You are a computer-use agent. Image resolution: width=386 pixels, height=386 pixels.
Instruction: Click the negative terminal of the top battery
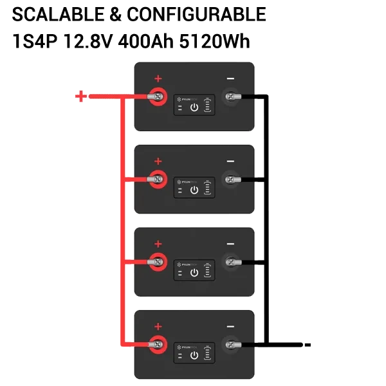(230, 97)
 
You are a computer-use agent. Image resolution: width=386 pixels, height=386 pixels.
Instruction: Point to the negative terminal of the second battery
(230, 178)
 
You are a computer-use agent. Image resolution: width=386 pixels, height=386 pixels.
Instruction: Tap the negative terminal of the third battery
(230, 261)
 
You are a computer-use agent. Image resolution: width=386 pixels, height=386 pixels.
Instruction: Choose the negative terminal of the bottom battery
(230, 344)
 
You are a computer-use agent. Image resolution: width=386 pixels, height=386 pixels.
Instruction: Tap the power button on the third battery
(194, 271)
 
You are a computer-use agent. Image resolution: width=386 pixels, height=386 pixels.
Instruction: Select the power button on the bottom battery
(194, 354)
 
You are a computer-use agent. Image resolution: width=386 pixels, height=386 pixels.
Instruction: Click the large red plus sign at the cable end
(80, 96)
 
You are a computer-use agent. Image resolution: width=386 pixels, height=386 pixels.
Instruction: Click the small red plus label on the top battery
(158, 78)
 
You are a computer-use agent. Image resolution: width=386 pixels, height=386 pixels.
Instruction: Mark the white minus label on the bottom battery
(230, 327)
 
